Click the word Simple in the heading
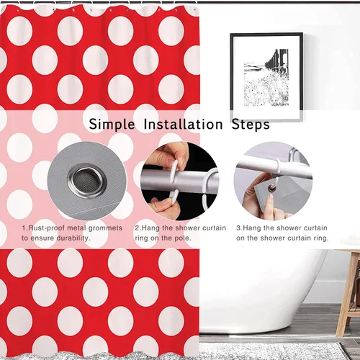(112, 125)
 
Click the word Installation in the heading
(184, 125)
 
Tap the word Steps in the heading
(251, 125)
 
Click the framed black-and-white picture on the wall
(266, 77)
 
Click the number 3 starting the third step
(238, 228)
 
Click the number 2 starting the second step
(137, 228)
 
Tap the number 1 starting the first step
(24, 228)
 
